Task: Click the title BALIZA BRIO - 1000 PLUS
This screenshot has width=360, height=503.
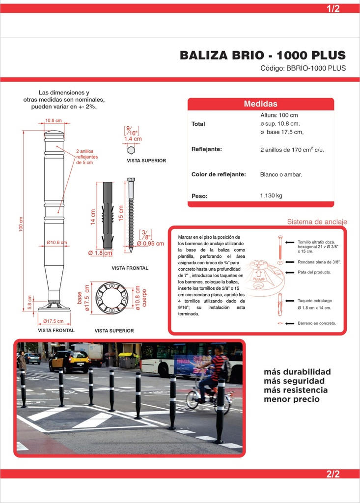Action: [x=262, y=55]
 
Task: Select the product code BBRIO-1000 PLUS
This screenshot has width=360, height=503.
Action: [x=316, y=68]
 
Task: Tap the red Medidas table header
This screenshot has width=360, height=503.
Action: [x=260, y=104]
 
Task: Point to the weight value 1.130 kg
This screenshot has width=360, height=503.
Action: [x=271, y=196]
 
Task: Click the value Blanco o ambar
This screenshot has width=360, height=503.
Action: [x=281, y=175]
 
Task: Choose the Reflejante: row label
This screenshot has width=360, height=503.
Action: [x=207, y=149]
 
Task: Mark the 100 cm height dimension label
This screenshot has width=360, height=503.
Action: [x=21, y=224]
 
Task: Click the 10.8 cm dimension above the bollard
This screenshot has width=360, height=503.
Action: [x=53, y=121]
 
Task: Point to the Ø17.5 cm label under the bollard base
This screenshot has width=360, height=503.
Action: [x=53, y=321]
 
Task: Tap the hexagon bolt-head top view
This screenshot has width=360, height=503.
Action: [x=131, y=150]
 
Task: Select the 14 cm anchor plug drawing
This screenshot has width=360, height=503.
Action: [x=108, y=215]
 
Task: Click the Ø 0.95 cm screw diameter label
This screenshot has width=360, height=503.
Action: [x=150, y=244]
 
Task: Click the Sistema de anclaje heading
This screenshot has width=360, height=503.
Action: [x=317, y=222]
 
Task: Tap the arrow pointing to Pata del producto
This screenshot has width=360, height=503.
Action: [x=290, y=272]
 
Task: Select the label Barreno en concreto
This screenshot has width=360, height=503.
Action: [x=317, y=323]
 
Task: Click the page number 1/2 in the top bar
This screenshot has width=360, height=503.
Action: [x=333, y=8]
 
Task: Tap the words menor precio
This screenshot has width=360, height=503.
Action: [x=292, y=399]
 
